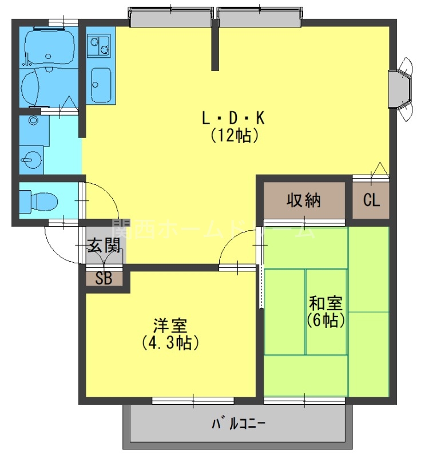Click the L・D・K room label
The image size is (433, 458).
point(233,119)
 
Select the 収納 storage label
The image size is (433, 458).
point(304,201)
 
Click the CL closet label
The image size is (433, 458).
point(371,201)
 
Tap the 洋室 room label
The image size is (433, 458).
point(170,326)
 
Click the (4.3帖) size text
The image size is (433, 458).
point(170,343)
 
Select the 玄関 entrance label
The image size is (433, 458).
point(104,246)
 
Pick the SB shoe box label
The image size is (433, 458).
point(104,279)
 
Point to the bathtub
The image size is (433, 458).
point(48,49)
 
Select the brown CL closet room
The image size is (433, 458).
point(371,200)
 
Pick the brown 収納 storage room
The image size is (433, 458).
point(304,200)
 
